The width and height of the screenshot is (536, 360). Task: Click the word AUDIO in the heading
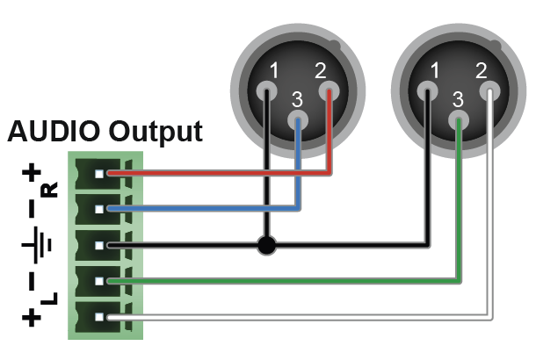coord(54,133)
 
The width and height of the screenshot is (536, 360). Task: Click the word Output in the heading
coord(156,133)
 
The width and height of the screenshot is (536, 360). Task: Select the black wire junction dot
coord(264,245)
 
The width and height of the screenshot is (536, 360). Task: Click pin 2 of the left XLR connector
coord(329,90)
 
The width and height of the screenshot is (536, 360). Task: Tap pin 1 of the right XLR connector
coord(428,90)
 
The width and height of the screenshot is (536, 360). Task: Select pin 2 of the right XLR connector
coord(489,90)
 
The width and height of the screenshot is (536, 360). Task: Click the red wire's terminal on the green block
coord(110,174)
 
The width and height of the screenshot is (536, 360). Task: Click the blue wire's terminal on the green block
coord(110,209)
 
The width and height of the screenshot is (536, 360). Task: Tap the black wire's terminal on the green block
coord(110,245)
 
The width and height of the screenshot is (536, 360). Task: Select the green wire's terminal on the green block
coord(110,281)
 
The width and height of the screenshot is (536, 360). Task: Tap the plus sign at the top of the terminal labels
coord(32,174)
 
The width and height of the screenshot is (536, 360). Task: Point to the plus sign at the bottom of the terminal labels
coord(32,317)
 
